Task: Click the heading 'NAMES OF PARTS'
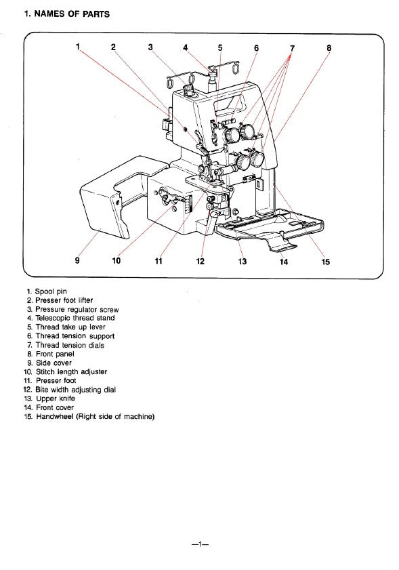[67, 14]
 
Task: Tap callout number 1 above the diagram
[78, 47]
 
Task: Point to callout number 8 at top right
[329, 47]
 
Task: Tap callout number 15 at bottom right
[326, 262]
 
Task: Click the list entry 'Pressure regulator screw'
[77, 309]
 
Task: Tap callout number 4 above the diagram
[185, 47]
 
